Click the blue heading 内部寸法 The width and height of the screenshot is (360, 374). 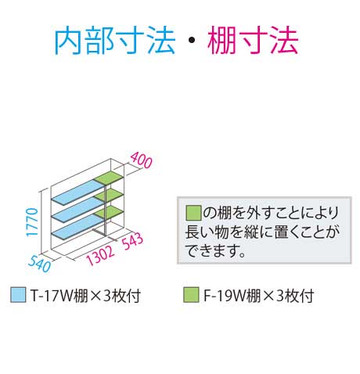pyautogui.click(x=115, y=41)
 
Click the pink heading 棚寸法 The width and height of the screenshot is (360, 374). pyautogui.click(x=253, y=41)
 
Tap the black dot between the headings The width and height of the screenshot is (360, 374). pyautogui.click(x=192, y=41)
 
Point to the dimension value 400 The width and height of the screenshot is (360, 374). pyautogui.click(x=141, y=160)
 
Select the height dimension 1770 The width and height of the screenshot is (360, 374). pyautogui.click(x=32, y=222)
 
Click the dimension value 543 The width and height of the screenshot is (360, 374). pyautogui.click(x=133, y=241)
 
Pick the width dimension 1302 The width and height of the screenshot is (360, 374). pyautogui.click(x=100, y=255)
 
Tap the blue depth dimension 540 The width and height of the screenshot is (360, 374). pyautogui.click(x=39, y=264)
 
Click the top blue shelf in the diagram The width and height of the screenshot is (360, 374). pyautogui.click(x=77, y=192)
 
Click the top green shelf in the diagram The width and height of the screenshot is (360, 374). pyautogui.click(x=109, y=177)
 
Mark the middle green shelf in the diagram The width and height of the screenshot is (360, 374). pyautogui.click(x=109, y=195)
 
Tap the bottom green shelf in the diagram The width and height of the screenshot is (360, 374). pyautogui.click(x=109, y=211)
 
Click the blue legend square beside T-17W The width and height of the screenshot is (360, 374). pyautogui.click(x=18, y=295)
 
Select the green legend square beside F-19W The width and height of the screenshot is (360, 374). pyautogui.click(x=191, y=295)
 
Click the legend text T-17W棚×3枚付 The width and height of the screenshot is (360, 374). pyautogui.click(x=85, y=296)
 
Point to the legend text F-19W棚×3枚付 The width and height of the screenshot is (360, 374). pyautogui.click(x=259, y=296)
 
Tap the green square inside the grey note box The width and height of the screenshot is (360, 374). pyautogui.click(x=193, y=213)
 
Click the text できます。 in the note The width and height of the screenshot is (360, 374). pyautogui.click(x=215, y=250)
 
